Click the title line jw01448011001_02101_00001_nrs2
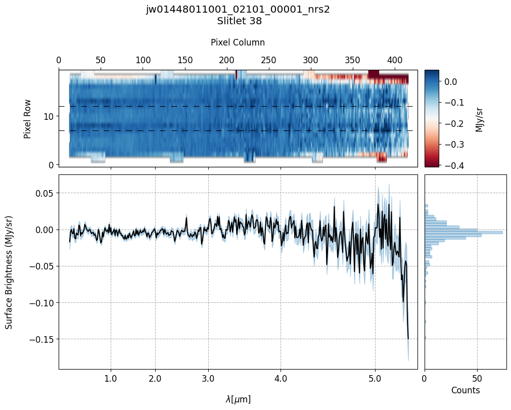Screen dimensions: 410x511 click(238, 10)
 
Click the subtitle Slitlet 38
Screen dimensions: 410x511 click(239, 21)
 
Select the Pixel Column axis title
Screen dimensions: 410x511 click(238, 42)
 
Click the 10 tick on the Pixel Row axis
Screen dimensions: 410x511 click(51, 116)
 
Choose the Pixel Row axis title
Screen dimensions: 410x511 click(27, 118)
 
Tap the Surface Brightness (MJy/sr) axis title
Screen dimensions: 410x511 click(9, 272)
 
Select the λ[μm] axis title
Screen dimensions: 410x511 click(238, 399)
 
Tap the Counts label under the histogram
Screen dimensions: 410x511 click(465, 390)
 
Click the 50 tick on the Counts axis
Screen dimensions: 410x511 click(477, 378)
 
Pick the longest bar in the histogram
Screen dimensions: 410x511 click(463, 232)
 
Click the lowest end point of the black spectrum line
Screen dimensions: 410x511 click(408, 339)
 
